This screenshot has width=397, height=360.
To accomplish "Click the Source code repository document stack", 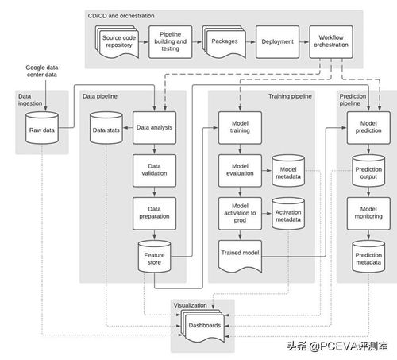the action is [118, 42].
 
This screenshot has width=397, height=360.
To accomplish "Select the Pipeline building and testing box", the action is [171, 42].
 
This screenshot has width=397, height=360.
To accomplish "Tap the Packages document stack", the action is [224, 42].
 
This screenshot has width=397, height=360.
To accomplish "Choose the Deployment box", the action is [277, 42].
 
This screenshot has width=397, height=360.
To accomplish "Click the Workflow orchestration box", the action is [331, 42].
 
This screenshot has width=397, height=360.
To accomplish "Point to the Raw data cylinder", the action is [42, 128].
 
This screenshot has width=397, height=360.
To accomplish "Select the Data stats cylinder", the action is [106, 128].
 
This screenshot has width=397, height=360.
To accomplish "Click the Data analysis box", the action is [154, 128].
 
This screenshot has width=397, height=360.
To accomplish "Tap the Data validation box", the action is [154, 171].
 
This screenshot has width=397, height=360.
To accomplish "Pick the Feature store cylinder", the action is [154, 257].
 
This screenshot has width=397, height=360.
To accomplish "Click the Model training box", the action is [240, 128].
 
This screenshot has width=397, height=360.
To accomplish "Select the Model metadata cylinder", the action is [288, 171].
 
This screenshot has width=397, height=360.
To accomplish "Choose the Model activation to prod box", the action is [240, 214].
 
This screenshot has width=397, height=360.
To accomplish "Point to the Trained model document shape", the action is [240, 256].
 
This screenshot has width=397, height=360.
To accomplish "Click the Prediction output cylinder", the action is [368, 171].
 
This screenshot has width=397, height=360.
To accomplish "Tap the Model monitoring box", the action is [368, 214].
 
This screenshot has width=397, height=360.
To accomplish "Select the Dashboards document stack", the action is [202, 326].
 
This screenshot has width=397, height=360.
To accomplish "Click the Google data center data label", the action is [42, 71].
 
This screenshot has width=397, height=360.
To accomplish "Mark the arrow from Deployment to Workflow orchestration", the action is [304, 42].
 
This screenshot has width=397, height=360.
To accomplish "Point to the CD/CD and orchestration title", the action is [121, 16].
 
